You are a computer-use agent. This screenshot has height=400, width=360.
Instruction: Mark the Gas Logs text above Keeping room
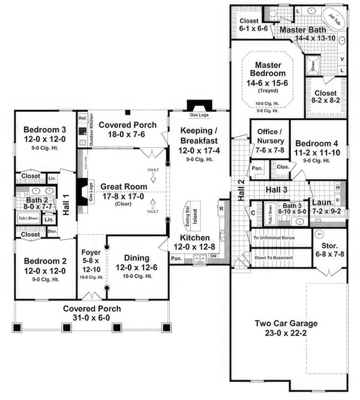(x=199, y=114)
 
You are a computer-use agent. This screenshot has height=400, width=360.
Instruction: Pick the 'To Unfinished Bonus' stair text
(x=277, y=238)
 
